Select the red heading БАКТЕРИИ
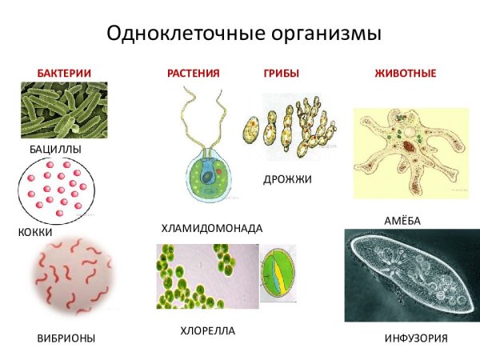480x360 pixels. tap(64, 74)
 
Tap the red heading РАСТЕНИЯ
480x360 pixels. tap(193, 74)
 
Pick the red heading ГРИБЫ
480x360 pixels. tap(281, 74)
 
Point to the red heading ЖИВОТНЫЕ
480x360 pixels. tap(406, 74)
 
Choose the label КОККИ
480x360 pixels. tap(34, 232)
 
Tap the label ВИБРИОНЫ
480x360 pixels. tap(66, 338)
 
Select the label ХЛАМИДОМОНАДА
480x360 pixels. tap(212, 228)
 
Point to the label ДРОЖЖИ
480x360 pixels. tap(287, 179)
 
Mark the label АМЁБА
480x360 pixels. tap(402, 220)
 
